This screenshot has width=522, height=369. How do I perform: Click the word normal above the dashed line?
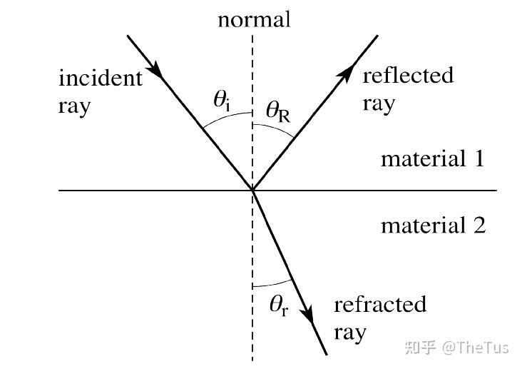[254, 20]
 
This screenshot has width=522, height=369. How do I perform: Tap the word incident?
[101, 78]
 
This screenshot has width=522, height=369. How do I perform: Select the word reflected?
[408, 75]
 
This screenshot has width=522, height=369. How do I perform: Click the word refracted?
[380, 304]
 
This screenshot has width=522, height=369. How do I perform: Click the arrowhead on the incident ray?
[155, 69]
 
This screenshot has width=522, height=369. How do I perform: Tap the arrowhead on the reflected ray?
[346, 74]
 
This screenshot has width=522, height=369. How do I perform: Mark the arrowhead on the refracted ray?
[307, 313]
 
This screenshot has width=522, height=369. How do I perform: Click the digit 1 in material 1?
[479, 158]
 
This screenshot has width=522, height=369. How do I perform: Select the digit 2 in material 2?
[479, 225]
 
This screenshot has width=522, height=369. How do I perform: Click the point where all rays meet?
[252, 191]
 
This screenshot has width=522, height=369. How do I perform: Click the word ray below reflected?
[379, 104]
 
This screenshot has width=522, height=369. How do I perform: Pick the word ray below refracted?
[350, 333]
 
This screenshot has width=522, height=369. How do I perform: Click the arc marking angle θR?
[275, 128]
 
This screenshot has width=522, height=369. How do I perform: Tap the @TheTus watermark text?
[476, 348]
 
